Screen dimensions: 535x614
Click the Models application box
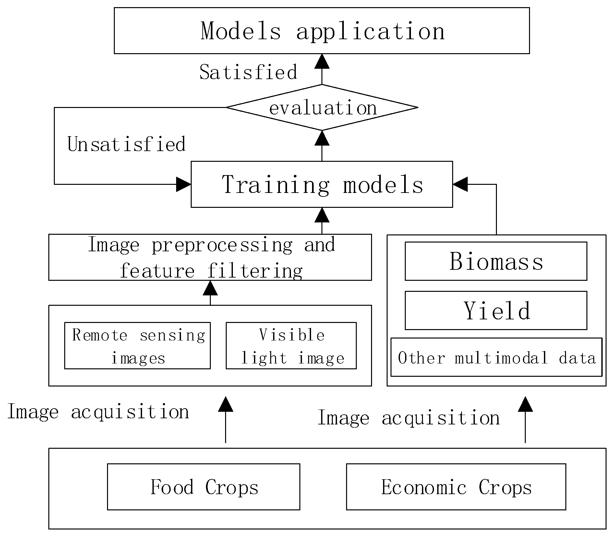point(321,31)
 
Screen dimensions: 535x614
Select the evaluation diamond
point(322,108)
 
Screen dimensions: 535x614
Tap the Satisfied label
point(248,72)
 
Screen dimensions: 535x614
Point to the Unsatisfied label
point(126,144)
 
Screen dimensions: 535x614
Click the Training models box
point(321,184)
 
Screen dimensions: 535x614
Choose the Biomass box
point(496,261)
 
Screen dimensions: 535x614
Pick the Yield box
point(496,311)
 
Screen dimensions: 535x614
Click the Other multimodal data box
point(496,358)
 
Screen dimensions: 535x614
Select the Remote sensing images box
point(138,346)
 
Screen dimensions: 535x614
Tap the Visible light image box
point(291,346)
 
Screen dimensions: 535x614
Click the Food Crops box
point(203,487)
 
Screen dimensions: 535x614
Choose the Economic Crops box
point(456,487)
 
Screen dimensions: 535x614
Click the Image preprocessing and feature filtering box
point(210,257)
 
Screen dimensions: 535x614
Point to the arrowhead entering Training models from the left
point(184,184)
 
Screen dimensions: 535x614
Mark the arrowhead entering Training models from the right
point(460,184)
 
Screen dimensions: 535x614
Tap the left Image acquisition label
point(98,412)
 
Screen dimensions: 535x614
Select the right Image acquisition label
point(408,418)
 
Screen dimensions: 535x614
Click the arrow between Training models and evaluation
point(322,146)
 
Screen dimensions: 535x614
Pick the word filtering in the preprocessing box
point(255,271)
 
